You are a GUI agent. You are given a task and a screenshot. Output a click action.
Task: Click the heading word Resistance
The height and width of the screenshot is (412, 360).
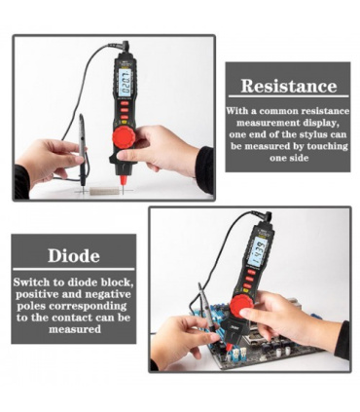pyautogui.click(x=289, y=86)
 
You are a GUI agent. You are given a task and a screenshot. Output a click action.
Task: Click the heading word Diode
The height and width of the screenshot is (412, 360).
pyautogui.click(x=74, y=256)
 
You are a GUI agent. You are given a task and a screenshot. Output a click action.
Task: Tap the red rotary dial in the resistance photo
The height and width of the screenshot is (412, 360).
pyautogui.click(x=124, y=137)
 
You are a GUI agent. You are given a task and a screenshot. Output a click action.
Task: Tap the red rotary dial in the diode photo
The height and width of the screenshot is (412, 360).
pyautogui.click(x=241, y=307)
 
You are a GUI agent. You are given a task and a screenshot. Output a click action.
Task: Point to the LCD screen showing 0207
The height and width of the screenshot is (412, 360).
pyautogui.click(x=126, y=82)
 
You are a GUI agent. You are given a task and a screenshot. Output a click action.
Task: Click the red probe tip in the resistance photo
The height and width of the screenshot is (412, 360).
pyautogui.click(x=123, y=181)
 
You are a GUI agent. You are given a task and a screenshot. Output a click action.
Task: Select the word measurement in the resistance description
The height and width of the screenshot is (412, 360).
pyautogui.click(x=268, y=123)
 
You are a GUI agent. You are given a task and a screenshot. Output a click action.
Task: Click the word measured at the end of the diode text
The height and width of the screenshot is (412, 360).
pyautogui.click(x=75, y=329)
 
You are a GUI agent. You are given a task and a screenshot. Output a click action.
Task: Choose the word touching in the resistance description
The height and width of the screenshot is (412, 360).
pyautogui.click(x=327, y=146)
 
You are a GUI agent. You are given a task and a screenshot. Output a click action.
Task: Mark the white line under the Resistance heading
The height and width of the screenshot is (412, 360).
pyautogui.click(x=288, y=96)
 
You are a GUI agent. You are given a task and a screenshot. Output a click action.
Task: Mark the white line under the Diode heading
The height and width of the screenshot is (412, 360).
pyautogui.click(x=74, y=269)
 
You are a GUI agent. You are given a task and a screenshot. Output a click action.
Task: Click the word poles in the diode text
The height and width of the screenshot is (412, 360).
pyautogui.click(x=30, y=306)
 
